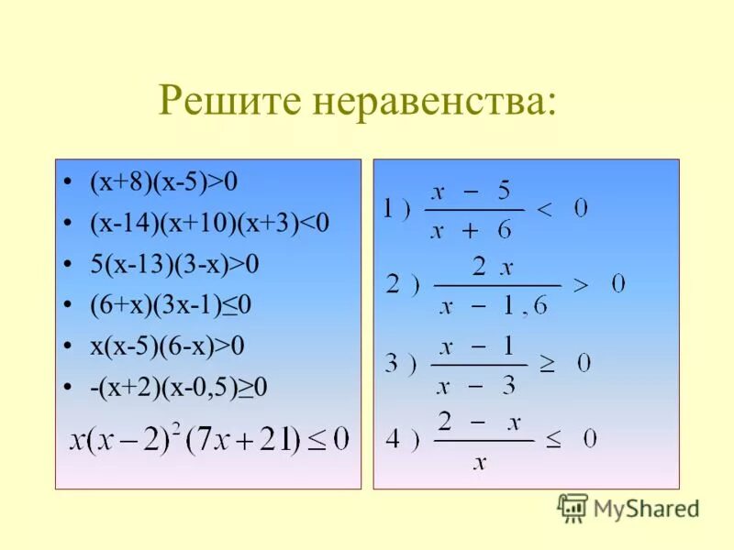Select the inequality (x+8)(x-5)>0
coord(163,182)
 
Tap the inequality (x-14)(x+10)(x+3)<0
coord(208,224)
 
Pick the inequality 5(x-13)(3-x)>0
coord(174,265)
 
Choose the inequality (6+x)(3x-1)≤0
coord(171,305)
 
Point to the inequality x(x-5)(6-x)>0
coord(167,346)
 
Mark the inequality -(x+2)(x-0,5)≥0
coord(178,388)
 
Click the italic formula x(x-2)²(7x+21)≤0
coord(209,439)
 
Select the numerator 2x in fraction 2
coord(492,268)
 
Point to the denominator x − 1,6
coord(494,307)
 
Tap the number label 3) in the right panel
coord(403,365)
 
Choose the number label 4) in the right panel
coord(403,441)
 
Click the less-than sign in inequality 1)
coord(544,211)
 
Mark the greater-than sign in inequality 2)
coord(581,286)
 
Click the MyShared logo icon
coord(573,507)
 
